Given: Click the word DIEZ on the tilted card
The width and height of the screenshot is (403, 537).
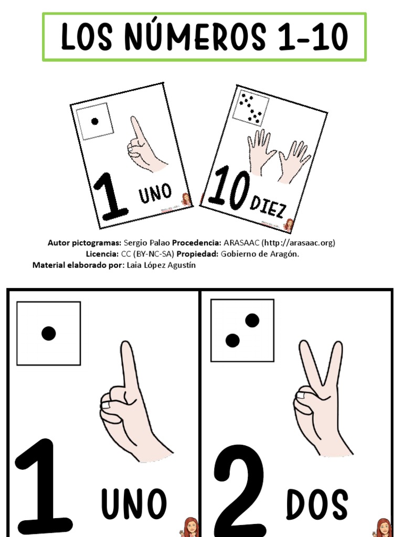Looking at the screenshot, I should tap(268, 207).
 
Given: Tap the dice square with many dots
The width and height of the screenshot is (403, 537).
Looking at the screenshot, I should tap(251, 108).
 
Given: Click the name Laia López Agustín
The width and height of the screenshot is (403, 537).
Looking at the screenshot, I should tap(161, 265).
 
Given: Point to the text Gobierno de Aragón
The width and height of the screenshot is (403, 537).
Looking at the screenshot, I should tap(260, 254).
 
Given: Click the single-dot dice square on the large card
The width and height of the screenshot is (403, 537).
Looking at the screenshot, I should tap(48, 333).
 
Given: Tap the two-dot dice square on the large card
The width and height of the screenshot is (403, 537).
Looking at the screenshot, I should tap(242, 330).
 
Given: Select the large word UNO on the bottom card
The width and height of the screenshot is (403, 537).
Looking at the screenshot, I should tap(134, 504).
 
